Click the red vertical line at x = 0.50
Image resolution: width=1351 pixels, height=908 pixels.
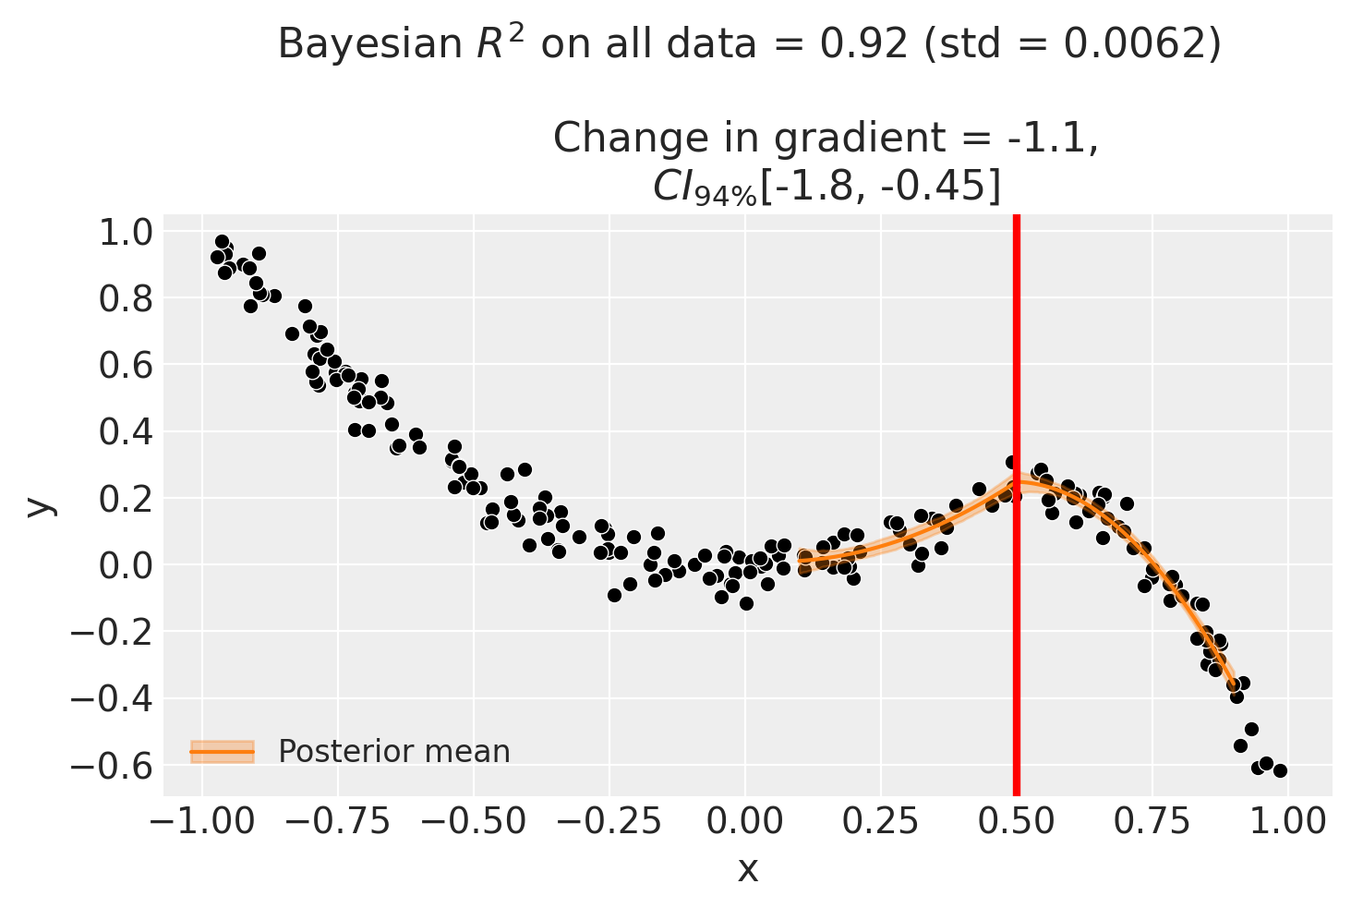pos(1017,505)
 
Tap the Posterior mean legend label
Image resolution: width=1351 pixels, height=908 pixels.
pos(393,751)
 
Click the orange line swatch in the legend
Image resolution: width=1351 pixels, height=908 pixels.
pos(222,752)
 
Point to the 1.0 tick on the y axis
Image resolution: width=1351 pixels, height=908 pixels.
pos(126,233)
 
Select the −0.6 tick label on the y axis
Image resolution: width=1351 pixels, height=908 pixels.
pos(112,767)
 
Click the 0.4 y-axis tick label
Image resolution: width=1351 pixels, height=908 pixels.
pos(126,432)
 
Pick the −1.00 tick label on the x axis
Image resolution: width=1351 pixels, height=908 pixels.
pos(202,822)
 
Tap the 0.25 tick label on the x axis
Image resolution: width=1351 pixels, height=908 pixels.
pos(881,822)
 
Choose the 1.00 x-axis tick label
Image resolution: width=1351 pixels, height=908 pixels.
pos(1287,822)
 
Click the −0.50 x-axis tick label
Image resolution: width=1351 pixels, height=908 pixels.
pos(474,822)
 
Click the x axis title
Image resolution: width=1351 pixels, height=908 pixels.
pos(748,870)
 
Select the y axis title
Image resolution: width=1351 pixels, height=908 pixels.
pos(40,505)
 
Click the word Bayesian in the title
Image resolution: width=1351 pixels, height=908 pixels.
pos(369,44)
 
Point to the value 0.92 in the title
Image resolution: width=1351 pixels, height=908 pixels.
pos(863,44)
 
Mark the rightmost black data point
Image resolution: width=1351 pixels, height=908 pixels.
pos(1280,770)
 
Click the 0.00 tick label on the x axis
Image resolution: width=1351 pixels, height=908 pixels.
pos(745,822)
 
